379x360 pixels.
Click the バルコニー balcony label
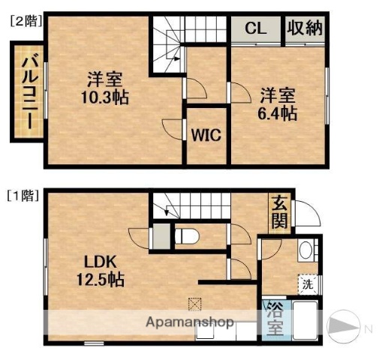29,91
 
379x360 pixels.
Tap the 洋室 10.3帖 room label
104,88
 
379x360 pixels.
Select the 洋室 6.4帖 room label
278,104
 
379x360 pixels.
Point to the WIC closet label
204,136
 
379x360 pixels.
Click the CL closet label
254,29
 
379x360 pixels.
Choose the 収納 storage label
303,29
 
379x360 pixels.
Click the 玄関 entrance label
278,211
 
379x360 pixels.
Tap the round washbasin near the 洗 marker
305,251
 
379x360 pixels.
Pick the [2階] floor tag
24,22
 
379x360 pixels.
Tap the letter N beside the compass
368,328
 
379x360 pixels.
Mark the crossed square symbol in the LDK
196,304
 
